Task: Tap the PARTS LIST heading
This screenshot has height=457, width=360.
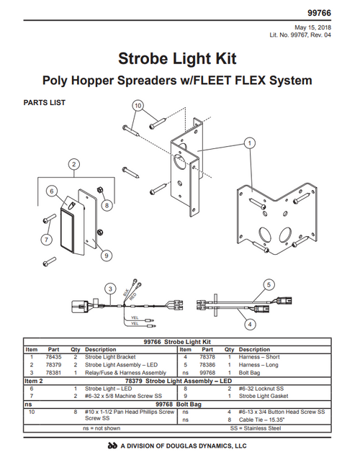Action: coord(45,103)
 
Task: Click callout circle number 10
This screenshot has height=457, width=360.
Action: coord(138,105)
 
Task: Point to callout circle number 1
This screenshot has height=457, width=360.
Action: coord(248,143)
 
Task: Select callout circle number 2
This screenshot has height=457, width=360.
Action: coord(73,165)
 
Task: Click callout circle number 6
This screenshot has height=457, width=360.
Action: coord(52,191)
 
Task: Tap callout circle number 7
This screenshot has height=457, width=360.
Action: coord(46,240)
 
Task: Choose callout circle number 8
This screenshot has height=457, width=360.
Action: coord(107,205)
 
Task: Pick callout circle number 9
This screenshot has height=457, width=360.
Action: coord(107,254)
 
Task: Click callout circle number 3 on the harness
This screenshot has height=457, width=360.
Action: coord(109,289)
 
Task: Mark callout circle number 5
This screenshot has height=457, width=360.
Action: coord(268,284)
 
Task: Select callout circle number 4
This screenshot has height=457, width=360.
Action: coord(250,324)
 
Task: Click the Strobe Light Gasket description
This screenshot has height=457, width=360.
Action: coord(262,395)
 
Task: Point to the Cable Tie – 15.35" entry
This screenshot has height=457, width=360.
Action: coord(262,419)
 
